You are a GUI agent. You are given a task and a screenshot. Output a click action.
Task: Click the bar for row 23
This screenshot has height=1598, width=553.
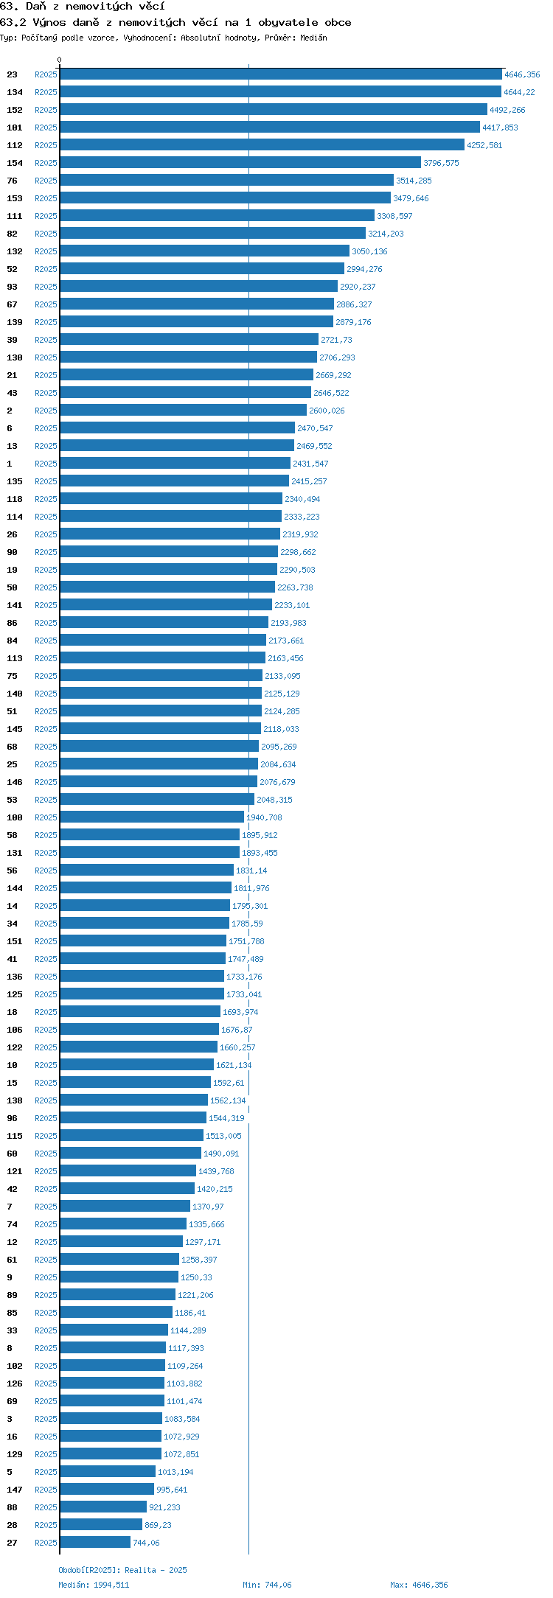click(x=281, y=74)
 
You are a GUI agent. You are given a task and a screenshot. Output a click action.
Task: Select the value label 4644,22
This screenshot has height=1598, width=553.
click(x=520, y=92)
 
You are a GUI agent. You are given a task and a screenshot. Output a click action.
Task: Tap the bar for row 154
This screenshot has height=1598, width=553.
click(x=240, y=163)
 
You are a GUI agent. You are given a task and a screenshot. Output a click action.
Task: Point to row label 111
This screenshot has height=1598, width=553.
click(x=15, y=216)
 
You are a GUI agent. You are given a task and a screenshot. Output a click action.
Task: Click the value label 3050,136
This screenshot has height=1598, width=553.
click(x=369, y=251)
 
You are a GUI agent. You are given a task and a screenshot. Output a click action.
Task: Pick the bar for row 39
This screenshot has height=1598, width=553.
click(x=189, y=340)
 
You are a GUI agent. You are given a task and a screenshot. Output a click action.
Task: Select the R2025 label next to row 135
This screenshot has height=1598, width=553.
click(x=46, y=481)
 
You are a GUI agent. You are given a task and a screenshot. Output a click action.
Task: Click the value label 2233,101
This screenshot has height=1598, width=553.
click(x=292, y=605)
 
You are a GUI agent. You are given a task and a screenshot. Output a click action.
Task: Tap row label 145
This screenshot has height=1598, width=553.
click(x=15, y=729)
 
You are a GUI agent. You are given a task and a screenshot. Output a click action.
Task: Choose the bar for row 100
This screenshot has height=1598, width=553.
click(x=152, y=817)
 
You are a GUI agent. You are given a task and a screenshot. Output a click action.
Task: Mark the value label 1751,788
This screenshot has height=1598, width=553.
click(x=246, y=941)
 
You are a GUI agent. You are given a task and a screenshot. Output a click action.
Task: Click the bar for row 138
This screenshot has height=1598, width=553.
click(x=133, y=1100)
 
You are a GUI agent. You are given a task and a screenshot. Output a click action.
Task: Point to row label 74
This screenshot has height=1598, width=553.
click(x=13, y=1224)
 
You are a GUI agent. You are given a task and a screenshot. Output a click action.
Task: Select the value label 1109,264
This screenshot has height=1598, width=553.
click(x=185, y=1366)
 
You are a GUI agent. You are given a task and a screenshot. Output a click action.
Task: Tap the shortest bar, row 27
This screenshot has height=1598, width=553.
click(x=95, y=1543)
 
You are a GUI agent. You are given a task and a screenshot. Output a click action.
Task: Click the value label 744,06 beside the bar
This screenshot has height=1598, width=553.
click(x=146, y=1543)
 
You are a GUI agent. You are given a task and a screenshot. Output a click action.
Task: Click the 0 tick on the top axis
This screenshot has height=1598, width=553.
click(x=60, y=60)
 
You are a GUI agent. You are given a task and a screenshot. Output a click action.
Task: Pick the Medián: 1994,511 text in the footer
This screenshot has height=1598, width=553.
click(x=94, y=1585)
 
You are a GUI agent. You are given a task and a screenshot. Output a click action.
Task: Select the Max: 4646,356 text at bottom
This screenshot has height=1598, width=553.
click(x=419, y=1585)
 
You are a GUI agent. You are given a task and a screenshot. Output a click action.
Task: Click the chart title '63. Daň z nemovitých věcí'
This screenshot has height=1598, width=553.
click(x=82, y=7)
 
